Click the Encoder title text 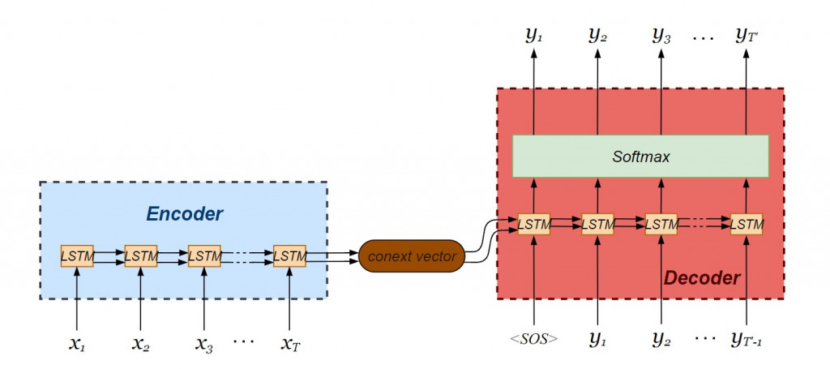(184, 214)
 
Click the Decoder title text (702, 278)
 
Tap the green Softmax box (640, 157)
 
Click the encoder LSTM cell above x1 (77, 256)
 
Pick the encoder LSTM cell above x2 (141, 256)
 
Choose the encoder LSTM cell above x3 (204, 256)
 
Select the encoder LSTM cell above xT (289, 256)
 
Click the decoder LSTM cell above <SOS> (533, 224)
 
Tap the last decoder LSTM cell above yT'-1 (747, 224)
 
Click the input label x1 (77, 343)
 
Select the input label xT (289, 343)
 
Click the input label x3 (204, 343)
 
